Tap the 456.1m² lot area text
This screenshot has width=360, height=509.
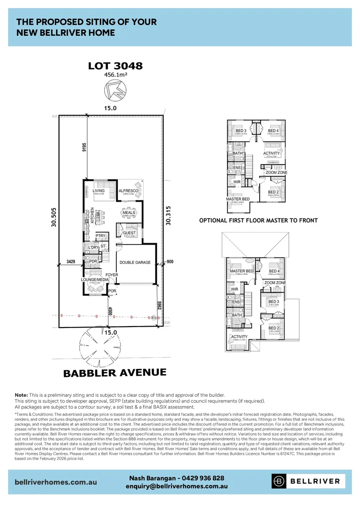115,74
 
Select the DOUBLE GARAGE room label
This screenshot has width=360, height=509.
135,263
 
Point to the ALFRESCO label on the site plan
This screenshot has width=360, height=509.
128,190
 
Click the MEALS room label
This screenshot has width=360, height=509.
129,213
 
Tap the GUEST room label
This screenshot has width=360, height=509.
129,233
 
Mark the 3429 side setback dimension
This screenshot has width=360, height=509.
71,261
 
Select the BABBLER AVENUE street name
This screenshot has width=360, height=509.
115,373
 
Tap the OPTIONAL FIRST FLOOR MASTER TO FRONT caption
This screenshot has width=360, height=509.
258,221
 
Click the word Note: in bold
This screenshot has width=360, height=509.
21,394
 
